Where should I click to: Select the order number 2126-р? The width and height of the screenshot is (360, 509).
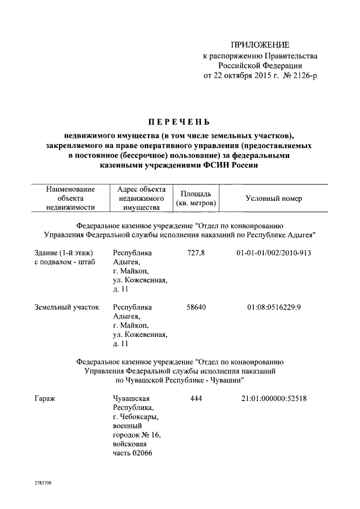click(x=301, y=76)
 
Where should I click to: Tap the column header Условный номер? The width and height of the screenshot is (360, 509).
click(x=274, y=199)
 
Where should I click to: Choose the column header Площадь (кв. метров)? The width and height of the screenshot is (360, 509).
click(x=197, y=199)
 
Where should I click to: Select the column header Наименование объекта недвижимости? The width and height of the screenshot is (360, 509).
click(x=70, y=199)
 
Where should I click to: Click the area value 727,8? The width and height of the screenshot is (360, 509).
click(x=196, y=253)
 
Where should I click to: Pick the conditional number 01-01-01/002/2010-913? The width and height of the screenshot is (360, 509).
click(x=274, y=253)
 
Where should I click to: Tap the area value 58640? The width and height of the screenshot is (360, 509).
click(x=196, y=308)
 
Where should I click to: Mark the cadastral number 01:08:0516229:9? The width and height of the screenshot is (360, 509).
click(x=274, y=308)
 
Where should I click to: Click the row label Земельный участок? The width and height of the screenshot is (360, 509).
click(x=66, y=308)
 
